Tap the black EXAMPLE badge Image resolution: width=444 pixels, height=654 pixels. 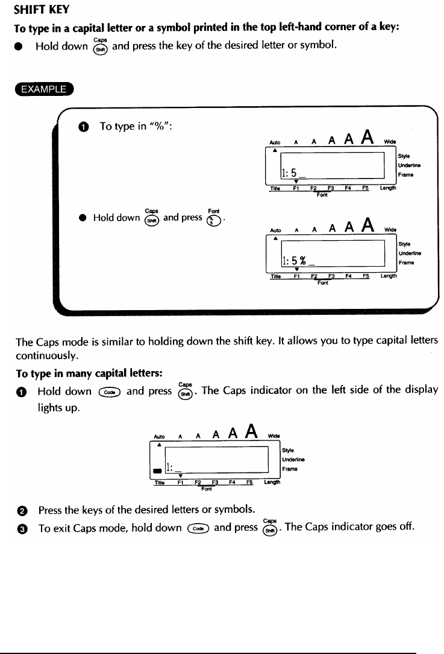(x=45, y=90)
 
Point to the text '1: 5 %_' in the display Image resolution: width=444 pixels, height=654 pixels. (x=295, y=261)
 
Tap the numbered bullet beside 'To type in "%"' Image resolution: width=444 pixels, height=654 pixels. (x=83, y=127)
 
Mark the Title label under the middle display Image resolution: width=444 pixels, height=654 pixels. (x=276, y=276)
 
